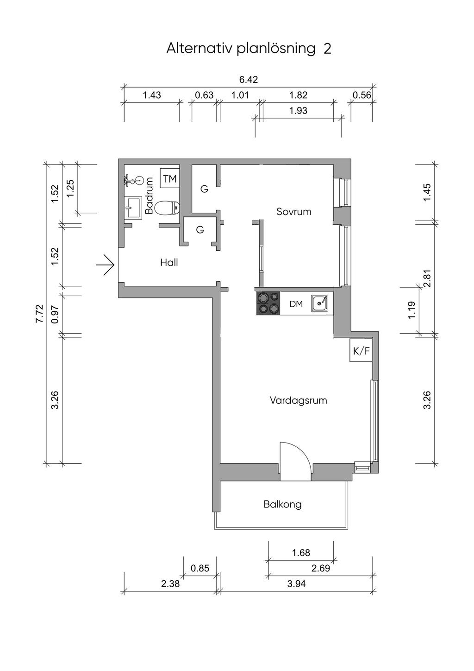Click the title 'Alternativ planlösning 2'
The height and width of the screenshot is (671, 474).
pyautogui.click(x=249, y=48)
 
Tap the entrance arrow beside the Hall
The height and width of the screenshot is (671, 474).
pyautogui.click(x=106, y=265)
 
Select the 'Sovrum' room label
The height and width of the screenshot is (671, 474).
pyautogui.click(x=294, y=212)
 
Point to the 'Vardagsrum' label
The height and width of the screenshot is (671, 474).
pyautogui.click(x=299, y=400)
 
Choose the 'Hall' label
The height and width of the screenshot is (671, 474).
pyautogui.click(x=169, y=263)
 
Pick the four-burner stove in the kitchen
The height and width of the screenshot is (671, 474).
pyautogui.click(x=268, y=304)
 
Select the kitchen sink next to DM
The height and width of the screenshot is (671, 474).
pyautogui.click(x=319, y=304)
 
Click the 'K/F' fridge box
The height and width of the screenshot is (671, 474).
pyautogui.click(x=361, y=351)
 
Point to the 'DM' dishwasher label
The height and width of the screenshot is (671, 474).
pyautogui.click(x=296, y=304)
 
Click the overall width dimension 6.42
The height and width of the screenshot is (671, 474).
pyautogui.click(x=249, y=80)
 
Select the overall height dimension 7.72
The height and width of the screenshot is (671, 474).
pyautogui.click(x=39, y=314)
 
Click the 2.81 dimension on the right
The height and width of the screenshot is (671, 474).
pyautogui.click(x=428, y=279)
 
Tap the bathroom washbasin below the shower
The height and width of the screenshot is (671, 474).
pyautogui.click(x=133, y=207)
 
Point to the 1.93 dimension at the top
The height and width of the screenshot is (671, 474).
pyautogui.click(x=299, y=111)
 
